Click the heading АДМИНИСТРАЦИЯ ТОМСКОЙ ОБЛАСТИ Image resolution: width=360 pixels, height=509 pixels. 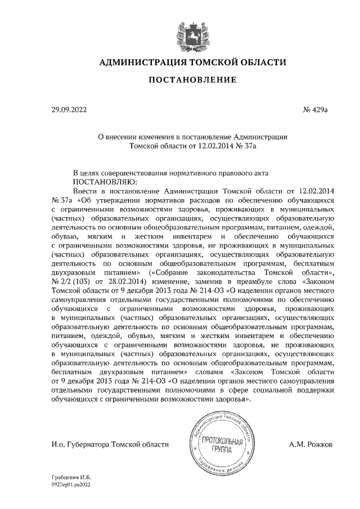[188, 62]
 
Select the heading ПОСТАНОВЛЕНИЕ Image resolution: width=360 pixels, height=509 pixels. [188, 82]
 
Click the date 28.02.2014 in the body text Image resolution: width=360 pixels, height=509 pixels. [128, 281]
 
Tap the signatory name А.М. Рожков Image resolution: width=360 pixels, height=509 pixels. [310, 444]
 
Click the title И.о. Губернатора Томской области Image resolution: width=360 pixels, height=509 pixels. [109, 444]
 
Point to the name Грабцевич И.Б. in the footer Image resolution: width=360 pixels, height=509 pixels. [67, 476]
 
